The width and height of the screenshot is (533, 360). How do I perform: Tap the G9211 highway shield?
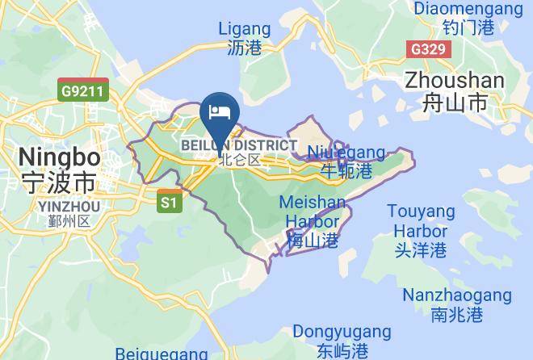click(x=82, y=90)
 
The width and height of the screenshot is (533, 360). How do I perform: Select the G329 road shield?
click(x=427, y=49)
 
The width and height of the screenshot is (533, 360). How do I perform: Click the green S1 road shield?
click(x=168, y=202)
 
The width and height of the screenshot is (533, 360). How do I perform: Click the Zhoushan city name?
click(x=455, y=81)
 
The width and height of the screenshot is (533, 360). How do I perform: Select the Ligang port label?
click(x=245, y=29)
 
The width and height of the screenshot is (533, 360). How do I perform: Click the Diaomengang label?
click(x=468, y=9)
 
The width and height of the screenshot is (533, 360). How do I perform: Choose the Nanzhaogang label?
click(x=456, y=295)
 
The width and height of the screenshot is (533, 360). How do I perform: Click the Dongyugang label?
click(x=342, y=332)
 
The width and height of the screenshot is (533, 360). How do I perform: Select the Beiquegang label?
click(x=162, y=354)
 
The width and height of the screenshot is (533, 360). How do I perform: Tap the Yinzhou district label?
click(x=69, y=207)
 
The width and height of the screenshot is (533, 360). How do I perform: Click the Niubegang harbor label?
click(x=346, y=153)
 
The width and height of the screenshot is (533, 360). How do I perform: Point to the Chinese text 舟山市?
click(x=455, y=103)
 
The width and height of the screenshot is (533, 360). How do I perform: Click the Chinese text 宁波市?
click(x=59, y=180)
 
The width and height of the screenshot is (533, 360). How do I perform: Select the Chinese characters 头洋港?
click(x=421, y=250)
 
